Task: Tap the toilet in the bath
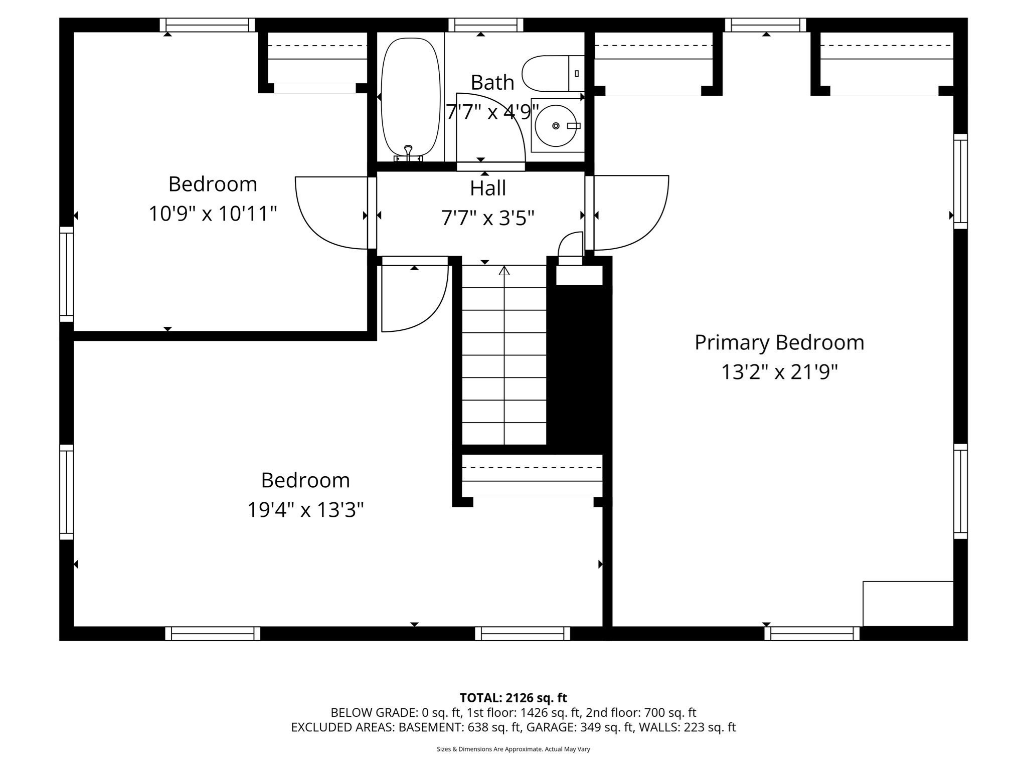552,74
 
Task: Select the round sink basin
556,125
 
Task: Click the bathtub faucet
408,150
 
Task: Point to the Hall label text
487,188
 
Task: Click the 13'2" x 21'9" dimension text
779,372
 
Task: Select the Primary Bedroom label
779,343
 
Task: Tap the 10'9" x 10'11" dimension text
213,214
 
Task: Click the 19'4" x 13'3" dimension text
305,510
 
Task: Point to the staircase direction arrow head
504,271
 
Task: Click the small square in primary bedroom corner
908,604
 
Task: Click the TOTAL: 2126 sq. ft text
513,698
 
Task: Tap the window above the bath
485,25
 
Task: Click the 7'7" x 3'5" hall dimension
487,218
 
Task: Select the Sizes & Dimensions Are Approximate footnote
513,749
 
